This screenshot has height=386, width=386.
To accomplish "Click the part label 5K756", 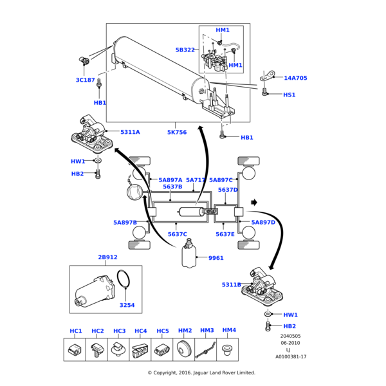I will (177, 132).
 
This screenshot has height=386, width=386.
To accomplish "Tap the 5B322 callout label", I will (185, 50).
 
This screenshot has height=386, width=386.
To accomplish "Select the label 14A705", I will (295, 78).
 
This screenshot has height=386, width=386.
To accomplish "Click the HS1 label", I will (289, 95).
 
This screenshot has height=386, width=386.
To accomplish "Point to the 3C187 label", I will (85, 80).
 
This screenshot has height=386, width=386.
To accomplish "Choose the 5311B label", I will (232, 284).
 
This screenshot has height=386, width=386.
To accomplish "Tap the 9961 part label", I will (216, 258).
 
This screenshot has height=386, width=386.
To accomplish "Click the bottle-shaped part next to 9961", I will (190, 256).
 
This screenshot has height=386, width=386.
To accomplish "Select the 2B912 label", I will (107, 257).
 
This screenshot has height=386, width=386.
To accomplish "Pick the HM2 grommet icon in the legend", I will (185, 350).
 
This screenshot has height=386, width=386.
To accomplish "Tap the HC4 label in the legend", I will (140, 331).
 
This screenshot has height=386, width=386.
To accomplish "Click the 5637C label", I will (178, 234).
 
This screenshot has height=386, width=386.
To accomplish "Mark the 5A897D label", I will (263, 223).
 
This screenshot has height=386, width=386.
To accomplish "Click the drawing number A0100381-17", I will (291, 356).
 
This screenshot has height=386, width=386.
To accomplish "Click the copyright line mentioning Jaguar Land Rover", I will (201, 372).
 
